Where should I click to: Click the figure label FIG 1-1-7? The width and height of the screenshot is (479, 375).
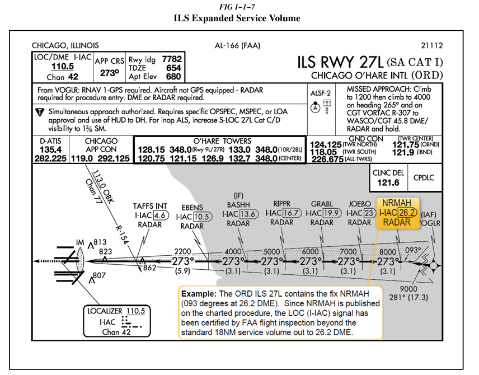tap(239, 6)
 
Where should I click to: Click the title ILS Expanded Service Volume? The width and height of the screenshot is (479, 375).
tap(239, 18)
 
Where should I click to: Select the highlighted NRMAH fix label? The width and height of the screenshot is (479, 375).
tap(397, 203)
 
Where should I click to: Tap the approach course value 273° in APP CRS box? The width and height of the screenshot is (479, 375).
tap(109, 73)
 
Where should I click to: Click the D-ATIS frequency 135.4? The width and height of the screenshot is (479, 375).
tap(50, 149)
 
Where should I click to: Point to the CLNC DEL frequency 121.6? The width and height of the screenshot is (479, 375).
tap(388, 182)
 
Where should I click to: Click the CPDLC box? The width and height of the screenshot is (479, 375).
tap(424, 178)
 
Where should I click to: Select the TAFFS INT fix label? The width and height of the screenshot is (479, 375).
tap(149, 206)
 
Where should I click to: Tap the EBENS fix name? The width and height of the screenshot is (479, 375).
tap(192, 208)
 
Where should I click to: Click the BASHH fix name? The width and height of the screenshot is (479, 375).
tap(238, 204)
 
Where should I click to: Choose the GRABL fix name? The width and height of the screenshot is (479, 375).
tap(322, 204)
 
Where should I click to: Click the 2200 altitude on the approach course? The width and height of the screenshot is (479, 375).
tap(182, 251)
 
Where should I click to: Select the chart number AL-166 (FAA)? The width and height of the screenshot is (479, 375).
tap(237, 45)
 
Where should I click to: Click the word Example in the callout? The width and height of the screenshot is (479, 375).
tap(197, 293)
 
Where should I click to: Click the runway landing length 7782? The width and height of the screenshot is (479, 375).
tap(172, 58)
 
